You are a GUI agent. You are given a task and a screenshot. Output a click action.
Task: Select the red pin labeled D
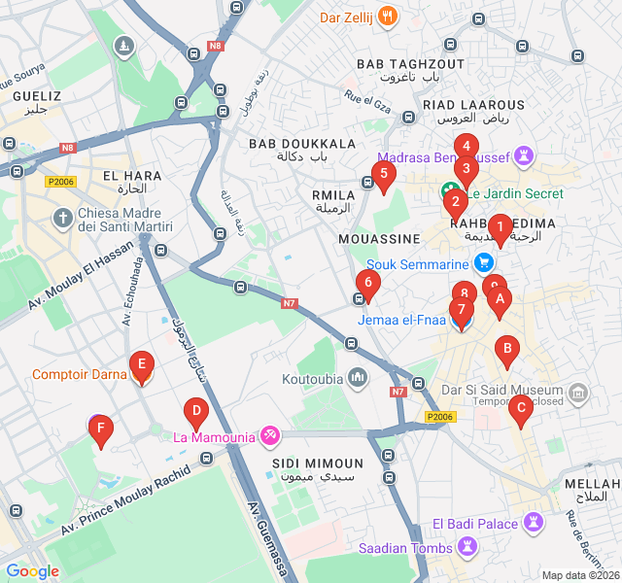pyautogui.click(x=195, y=413)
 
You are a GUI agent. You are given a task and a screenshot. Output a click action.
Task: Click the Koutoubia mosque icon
pyautogui.click(x=359, y=377)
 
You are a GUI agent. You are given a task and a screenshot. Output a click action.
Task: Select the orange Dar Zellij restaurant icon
pyautogui.click(x=387, y=16)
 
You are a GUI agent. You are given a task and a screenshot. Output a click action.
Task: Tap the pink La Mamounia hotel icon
pyautogui.click(x=271, y=436)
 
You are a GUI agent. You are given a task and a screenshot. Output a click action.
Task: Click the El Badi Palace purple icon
pyautogui.click(x=534, y=524)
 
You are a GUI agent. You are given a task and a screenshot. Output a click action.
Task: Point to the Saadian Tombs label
pyautogui.click(x=405, y=548)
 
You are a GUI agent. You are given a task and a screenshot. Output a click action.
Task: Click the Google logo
pyautogui.click(x=32, y=571)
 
